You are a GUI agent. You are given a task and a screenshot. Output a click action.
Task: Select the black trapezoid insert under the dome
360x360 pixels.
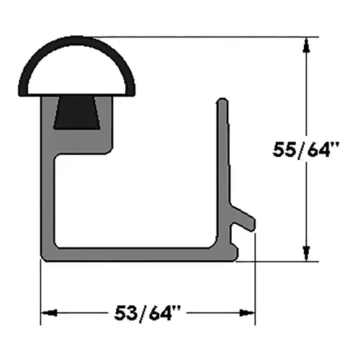77,113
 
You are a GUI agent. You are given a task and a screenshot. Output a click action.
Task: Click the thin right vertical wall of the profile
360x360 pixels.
224,158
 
